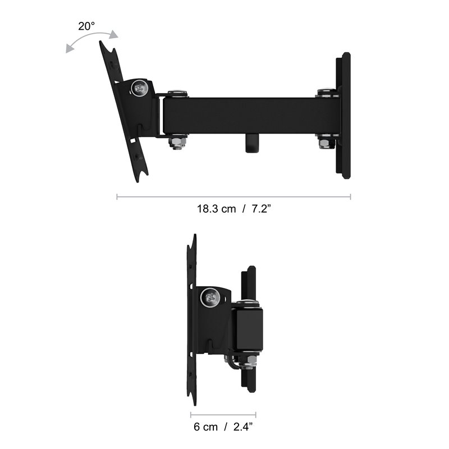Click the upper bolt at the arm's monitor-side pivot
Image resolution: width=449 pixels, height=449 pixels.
[177, 93]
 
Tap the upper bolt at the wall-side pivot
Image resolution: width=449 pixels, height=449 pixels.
[326, 92]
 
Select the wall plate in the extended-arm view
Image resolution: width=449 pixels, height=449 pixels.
[343, 115]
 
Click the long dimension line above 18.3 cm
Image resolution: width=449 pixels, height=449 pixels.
[233, 197]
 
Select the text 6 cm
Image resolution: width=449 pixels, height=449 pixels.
[205, 427]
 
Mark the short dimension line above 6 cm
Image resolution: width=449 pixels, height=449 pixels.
[223, 416]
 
